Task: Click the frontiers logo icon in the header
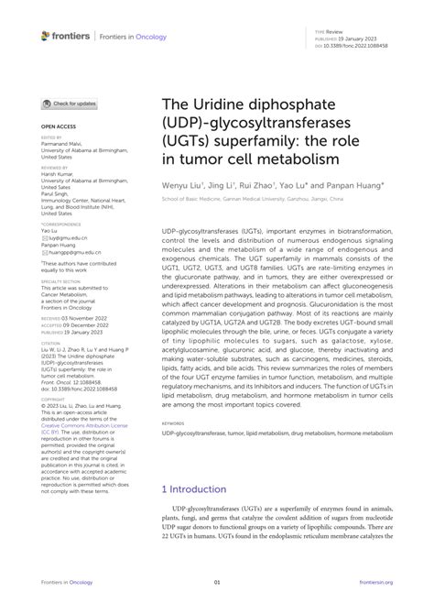pyautogui.click(x=46, y=36)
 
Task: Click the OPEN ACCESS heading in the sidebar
pyautogui.click(x=57, y=126)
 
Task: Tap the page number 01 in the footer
pyautogui.click(x=217, y=582)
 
